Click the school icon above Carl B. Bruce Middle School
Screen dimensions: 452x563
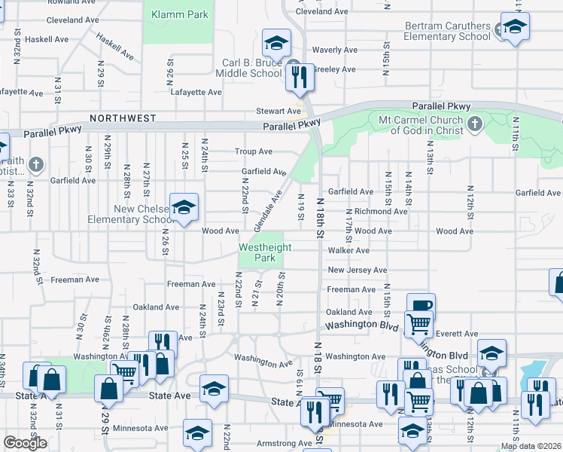(x=276, y=42)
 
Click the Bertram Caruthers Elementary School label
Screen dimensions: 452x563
(x=448, y=31)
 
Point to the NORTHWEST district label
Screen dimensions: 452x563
(x=123, y=118)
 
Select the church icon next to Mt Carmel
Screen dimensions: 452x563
(x=474, y=124)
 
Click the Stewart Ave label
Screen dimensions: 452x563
(x=278, y=111)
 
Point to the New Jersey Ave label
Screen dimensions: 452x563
(x=357, y=270)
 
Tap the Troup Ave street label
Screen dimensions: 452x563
(x=254, y=151)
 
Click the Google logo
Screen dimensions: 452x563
(x=25, y=443)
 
